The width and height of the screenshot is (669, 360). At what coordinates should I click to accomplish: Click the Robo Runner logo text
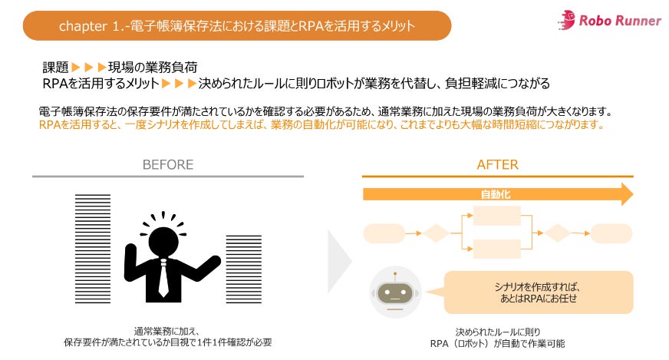(x=619, y=21)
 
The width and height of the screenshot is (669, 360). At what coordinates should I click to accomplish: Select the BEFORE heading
(x=167, y=165)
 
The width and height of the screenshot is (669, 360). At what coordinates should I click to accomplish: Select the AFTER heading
(x=497, y=165)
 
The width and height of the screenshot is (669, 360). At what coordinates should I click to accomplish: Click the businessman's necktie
(x=163, y=278)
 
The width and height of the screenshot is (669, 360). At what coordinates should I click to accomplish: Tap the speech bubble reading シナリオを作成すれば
(x=537, y=292)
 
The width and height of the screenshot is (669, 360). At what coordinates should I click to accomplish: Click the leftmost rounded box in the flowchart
(x=382, y=232)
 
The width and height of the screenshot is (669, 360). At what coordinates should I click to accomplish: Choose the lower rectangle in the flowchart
(x=497, y=248)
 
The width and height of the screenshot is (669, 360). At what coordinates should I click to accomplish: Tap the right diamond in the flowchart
(x=557, y=232)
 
